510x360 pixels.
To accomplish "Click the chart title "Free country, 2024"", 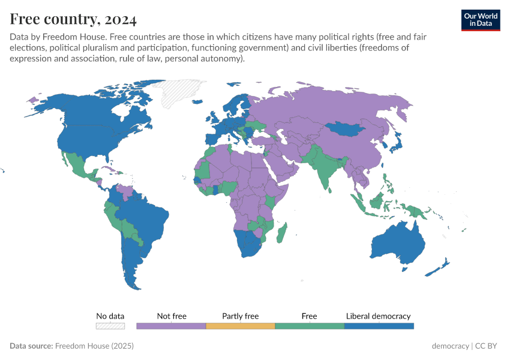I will [73, 19].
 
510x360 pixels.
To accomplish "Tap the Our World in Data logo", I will [481, 19].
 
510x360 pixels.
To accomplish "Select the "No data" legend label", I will [110, 316].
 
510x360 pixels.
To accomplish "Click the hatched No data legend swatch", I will [110, 326].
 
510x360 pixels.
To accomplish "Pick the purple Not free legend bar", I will [171, 326].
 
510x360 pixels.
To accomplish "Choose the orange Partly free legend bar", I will [240, 326].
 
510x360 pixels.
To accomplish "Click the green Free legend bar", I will [310, 326].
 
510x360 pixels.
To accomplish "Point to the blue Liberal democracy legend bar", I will [379, 326].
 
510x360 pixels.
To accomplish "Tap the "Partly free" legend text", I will [240, 316].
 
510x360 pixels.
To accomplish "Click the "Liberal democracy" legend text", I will [379, 316].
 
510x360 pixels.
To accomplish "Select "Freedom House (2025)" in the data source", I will [94, 346].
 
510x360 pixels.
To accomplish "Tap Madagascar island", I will [282, 233].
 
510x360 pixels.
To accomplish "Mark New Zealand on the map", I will [441, 266].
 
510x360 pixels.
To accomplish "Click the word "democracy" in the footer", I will [450, 346].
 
